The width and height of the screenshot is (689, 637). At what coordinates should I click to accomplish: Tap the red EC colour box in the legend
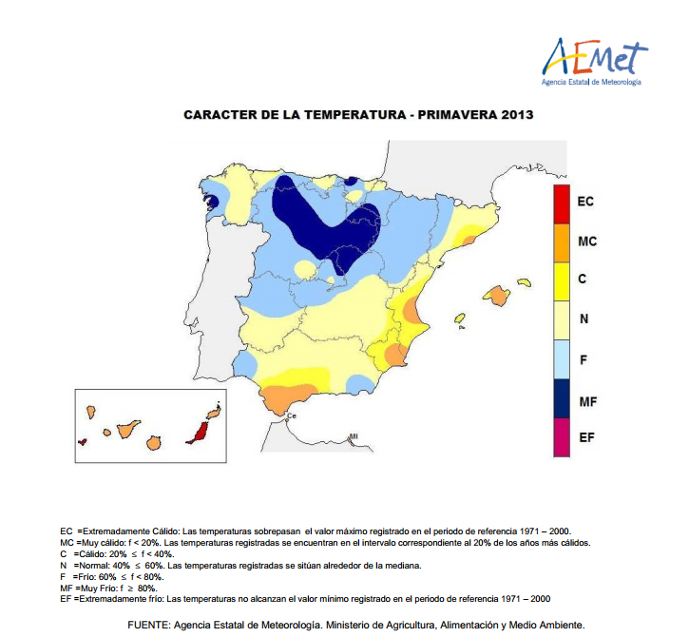pyautogui.click(x=563, y=202)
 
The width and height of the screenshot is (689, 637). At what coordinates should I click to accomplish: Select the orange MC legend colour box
pyautogui.click(x=563, y=241)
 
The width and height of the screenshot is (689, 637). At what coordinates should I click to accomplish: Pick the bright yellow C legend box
pyautogui.click(x=563, y=280)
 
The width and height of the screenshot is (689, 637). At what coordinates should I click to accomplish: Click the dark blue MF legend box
pyautogui.click(x=563, y=400)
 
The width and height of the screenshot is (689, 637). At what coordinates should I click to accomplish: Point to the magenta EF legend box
pyautogui.click(x=563, y=438)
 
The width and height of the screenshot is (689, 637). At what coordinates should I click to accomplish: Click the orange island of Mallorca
pyautogui.click(x=496, y=296)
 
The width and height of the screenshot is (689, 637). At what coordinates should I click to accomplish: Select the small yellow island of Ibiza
pyautogui.click(x=460, y=318)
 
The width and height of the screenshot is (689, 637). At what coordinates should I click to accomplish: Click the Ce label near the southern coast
pyautogui.click(x=292, y=415)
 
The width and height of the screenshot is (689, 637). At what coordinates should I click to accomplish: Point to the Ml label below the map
pyautogui.click(x=354, y=436)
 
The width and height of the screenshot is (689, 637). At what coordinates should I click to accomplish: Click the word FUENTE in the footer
pyautogui.click(x=150, y=625)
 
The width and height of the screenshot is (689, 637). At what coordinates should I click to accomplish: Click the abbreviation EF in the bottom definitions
pyautogui.click(x=66, y=598)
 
